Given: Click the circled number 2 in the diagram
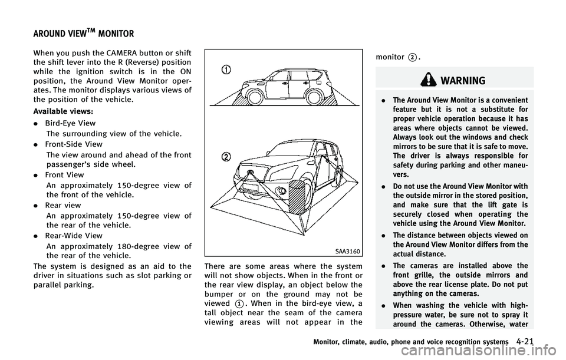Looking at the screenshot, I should (226, 157).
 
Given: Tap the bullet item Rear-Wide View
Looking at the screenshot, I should (74, 236).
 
